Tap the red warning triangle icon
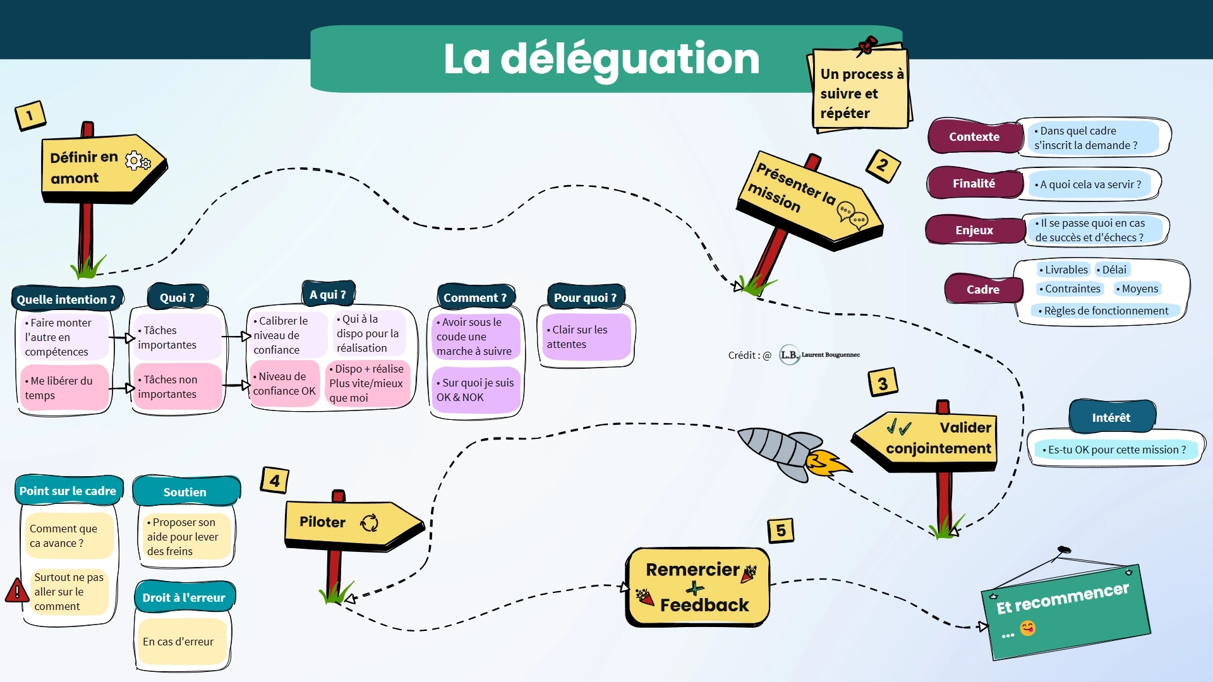(16, 591)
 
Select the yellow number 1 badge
(30, 116)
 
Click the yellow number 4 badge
(275, 481)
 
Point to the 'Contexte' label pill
(974, 136)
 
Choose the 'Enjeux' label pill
(974, 230)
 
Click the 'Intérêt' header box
(1111, 417)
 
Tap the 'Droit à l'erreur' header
(184, 597)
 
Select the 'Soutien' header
(185, 492)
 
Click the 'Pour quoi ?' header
(585, 297)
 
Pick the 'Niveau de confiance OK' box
(284, 383)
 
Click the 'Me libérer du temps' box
(64, 388)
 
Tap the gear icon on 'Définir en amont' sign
(138, 161)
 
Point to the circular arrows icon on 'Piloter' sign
(369, 523)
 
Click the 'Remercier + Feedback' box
(697, 587)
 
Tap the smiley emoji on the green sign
(1028, 628)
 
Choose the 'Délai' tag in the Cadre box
(1113, 270)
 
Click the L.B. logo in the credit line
(789, 355)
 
